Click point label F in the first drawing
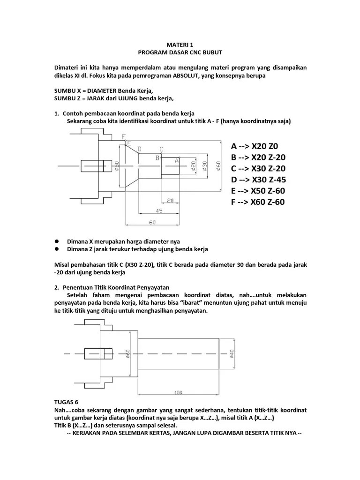coord(124,136)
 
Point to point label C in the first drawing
coord(161,149)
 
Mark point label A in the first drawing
coord(177,160)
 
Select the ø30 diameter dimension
coord(205,166)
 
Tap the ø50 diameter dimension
coord(117,166)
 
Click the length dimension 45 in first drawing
coord(159,211)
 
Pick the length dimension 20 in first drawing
coord(170,200)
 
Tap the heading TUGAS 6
coord(67,402)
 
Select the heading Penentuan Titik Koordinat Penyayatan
coord(119,287)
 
